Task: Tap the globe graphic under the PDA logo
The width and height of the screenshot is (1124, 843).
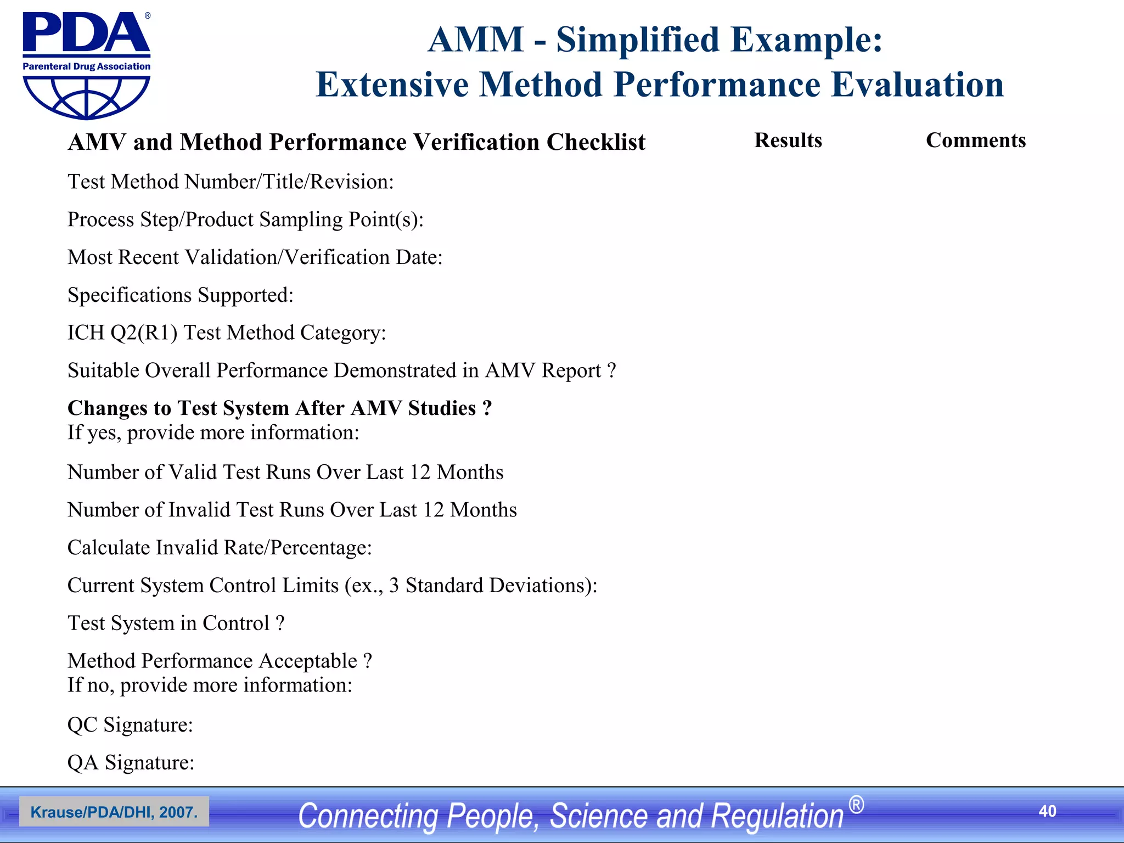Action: tap(86, 97)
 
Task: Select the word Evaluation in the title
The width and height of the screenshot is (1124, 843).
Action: tap(918, 85)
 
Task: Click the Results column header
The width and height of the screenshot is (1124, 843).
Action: tap(788, 140)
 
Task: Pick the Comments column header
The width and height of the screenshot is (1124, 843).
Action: tap(975, 140)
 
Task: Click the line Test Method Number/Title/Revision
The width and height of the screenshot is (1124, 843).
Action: tap(231, 182)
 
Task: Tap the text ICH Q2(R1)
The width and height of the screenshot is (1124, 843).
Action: tap(122, 333)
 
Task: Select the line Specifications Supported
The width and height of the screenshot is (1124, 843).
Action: tap(181, 295)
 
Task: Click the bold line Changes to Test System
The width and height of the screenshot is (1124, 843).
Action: tap(279, 408)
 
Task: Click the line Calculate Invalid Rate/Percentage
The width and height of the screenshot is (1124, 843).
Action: tap(220, 548)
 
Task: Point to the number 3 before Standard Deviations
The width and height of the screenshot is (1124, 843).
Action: tap(394, 586)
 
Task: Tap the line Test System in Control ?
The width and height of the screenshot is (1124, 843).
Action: tap(176, 623)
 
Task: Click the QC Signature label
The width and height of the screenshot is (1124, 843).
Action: tap(130, 725)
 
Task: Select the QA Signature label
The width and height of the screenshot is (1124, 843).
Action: tap(131, 763)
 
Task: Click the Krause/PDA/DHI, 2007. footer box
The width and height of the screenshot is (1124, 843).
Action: tap(114, 812)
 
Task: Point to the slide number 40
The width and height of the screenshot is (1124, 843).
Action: tap(1047, 811)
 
